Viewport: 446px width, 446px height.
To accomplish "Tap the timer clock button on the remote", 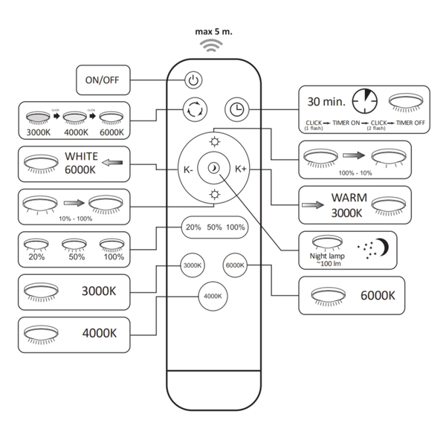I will [235, 109].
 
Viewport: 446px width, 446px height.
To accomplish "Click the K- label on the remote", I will [190, 169].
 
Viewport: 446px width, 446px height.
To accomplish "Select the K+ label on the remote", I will [241, 169].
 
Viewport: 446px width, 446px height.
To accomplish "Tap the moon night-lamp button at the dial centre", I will [215, 168].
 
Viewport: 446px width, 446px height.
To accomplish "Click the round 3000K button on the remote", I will [193, 265].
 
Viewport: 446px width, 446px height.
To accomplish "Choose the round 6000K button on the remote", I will [236, 265].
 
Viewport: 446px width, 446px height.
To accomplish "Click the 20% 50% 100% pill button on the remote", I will [214, 227].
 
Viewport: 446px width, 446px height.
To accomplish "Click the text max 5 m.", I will [214, 32].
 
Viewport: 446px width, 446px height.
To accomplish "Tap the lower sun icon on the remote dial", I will [215, 195].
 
